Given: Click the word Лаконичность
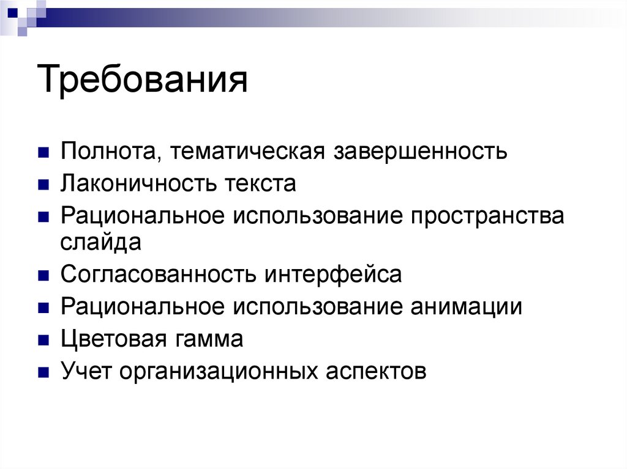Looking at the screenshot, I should click(140, 183).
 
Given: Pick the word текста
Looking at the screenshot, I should click(260, 183).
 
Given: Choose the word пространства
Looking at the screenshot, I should click(487, 216).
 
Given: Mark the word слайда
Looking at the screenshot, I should click(100, 242).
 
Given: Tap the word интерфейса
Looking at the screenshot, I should click(333, 274).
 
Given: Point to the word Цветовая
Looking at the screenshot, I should click(109, 338).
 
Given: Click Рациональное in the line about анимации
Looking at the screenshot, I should click(143, 306).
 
